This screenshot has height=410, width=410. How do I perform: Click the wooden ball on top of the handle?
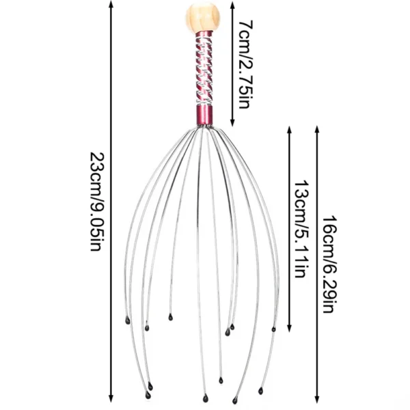tap(203, 18)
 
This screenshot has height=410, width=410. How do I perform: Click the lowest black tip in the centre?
tap(205, 396)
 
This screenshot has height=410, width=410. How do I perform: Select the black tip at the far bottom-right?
tap(260, 392)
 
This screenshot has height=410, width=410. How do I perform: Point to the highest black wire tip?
tap(169, 316)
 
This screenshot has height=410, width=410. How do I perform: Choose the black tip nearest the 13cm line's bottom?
tap(273, 329)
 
